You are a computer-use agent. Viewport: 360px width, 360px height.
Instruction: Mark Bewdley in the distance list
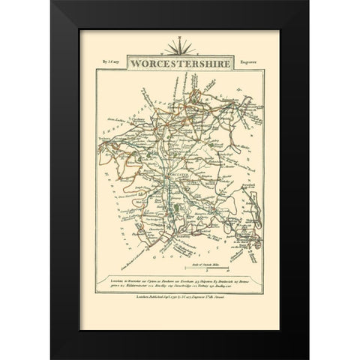[164, 286]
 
